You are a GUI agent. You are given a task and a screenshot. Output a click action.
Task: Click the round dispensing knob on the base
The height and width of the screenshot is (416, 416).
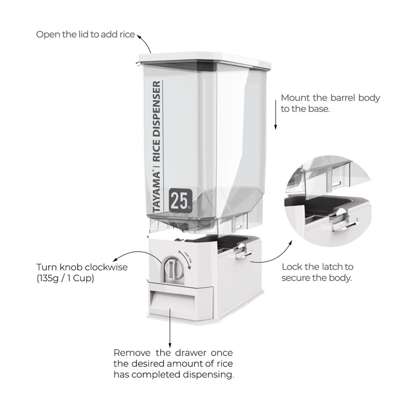click(x=172, y=268)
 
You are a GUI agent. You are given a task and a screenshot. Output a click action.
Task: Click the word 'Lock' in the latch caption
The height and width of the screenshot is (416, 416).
click(x=291, y=267)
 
